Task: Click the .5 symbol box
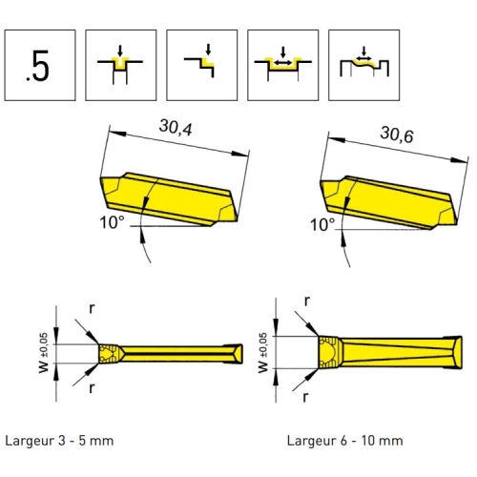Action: [40, 65]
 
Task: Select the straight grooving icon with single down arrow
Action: [121, 65]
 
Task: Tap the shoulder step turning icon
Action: [202, 65]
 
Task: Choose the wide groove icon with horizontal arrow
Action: [283, 65]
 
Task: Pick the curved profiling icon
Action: [364, 65]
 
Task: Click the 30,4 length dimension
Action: [176, 128]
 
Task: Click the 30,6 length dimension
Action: [397, 135]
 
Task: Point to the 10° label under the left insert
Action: [112, 222]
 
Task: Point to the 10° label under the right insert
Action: [322, 225]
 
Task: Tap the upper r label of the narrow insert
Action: [92, 308]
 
